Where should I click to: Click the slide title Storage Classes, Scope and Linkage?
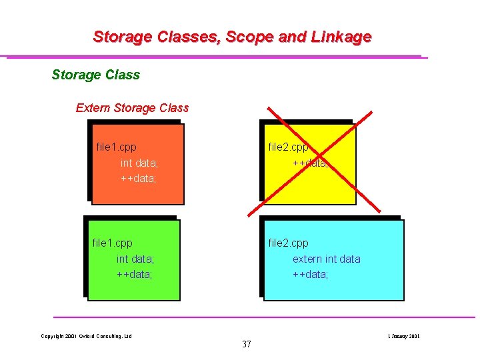232,37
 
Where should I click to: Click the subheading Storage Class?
96,75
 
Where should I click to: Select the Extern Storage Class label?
132,108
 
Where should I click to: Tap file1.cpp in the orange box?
117,147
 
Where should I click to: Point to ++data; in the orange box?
139,178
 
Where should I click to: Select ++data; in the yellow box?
311,163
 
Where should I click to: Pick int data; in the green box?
135,259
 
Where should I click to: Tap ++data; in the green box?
135,274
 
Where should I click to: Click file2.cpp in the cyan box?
288,243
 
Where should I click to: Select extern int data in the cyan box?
327,259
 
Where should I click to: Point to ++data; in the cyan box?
311,274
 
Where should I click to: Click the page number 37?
247,344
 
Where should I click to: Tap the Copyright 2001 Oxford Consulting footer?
86,336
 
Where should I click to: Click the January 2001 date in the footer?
403,336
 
